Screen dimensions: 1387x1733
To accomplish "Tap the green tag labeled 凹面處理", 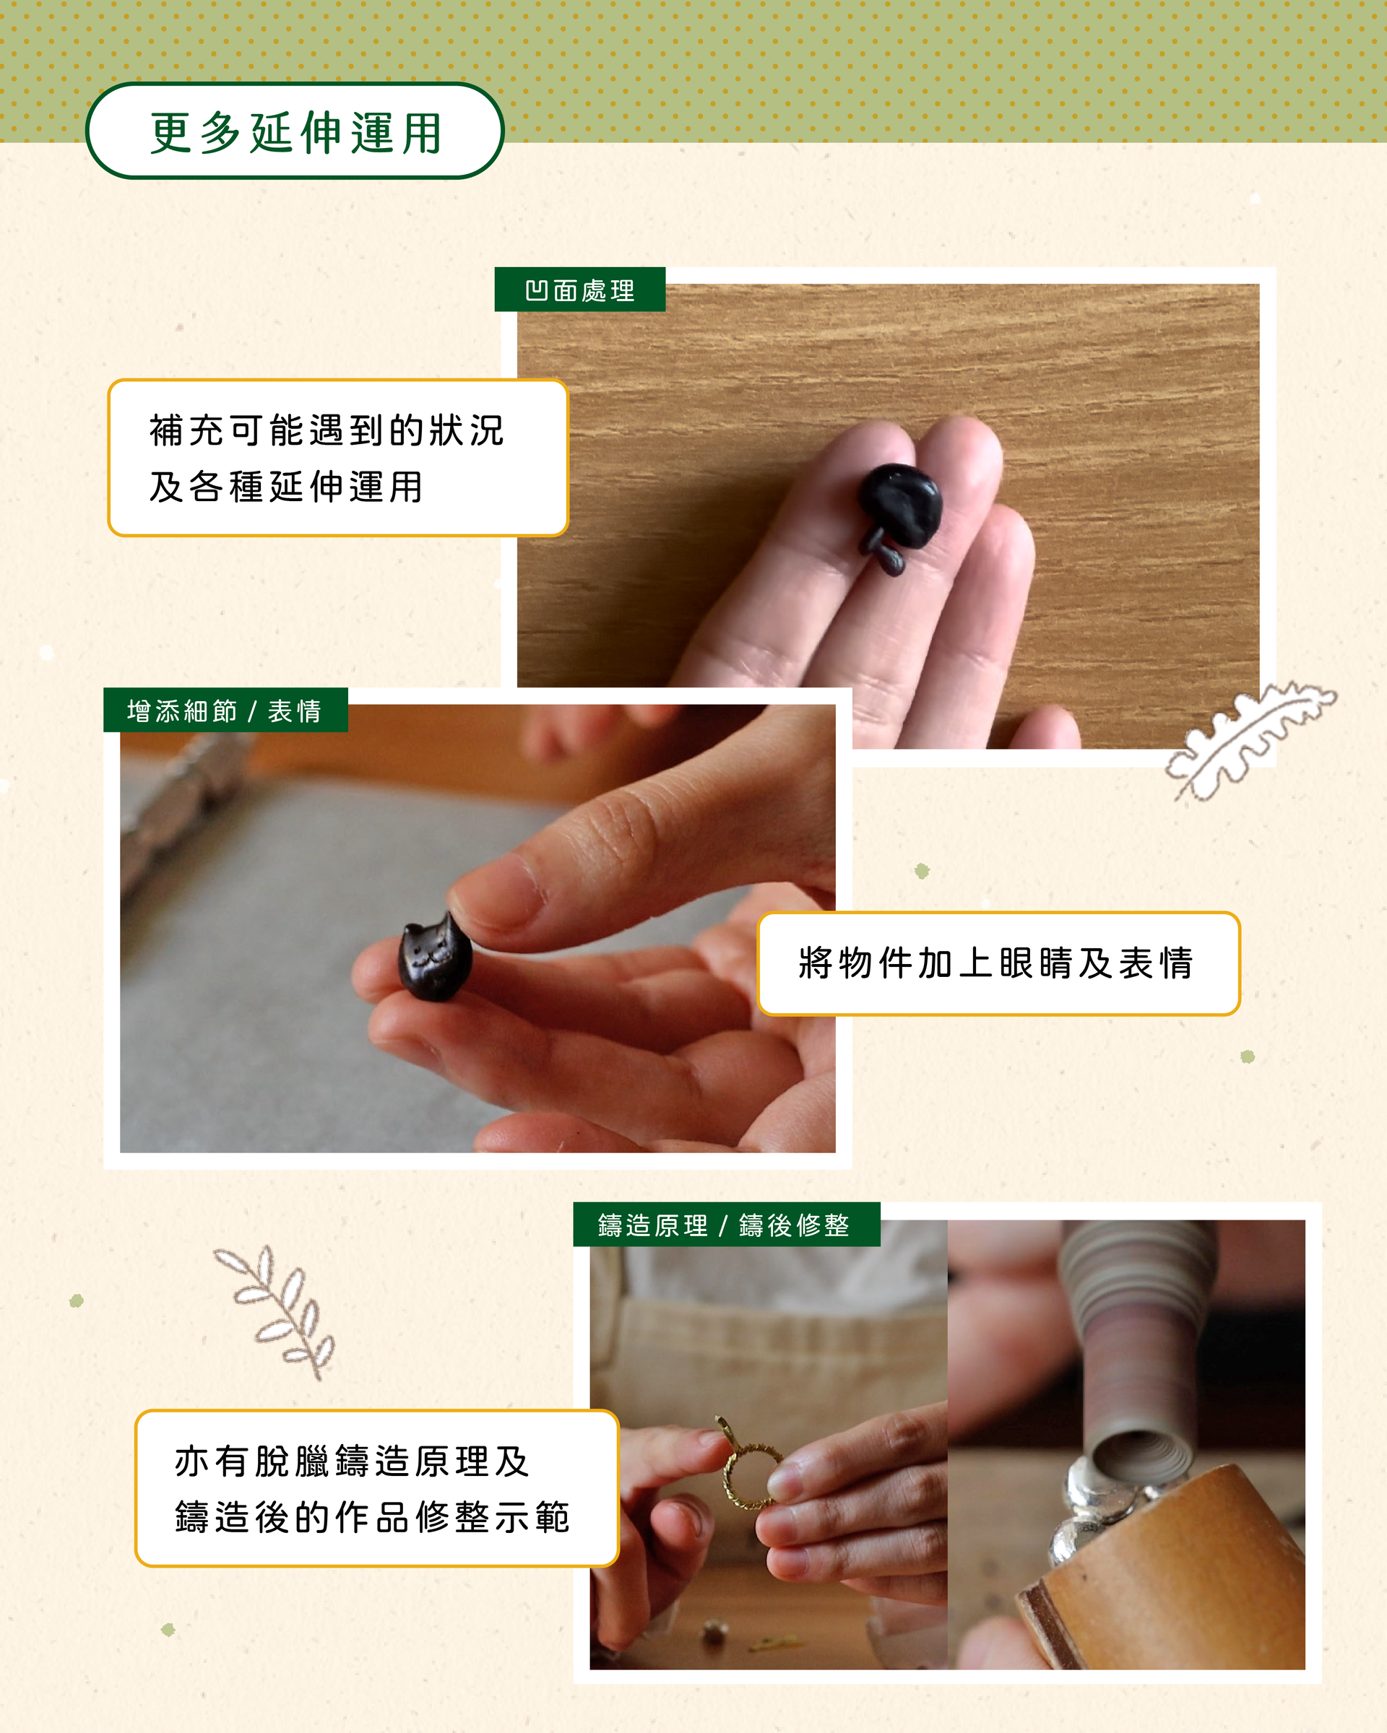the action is point(580,290).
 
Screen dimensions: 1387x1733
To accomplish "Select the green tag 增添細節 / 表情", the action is point(225,711).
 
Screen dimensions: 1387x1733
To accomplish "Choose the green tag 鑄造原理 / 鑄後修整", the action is point(726,1225).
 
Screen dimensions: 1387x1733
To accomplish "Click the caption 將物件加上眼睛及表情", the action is point(997,963).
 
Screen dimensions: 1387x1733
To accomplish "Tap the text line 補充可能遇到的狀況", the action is point(327,430).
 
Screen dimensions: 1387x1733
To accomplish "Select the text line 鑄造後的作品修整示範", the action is point(372,1518).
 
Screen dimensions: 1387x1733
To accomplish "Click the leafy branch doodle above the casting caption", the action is point(275,1312).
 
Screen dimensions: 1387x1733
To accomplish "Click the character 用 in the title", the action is point(422,133).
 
